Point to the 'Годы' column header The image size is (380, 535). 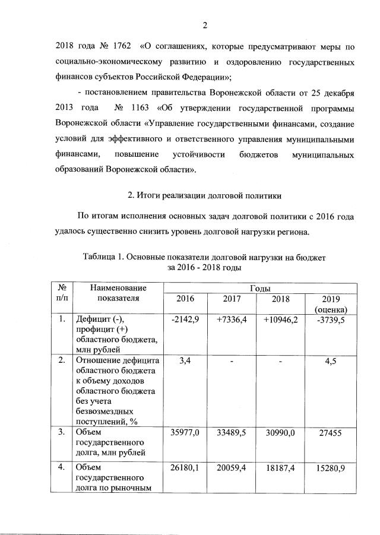260,287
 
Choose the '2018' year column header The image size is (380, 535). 280,298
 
